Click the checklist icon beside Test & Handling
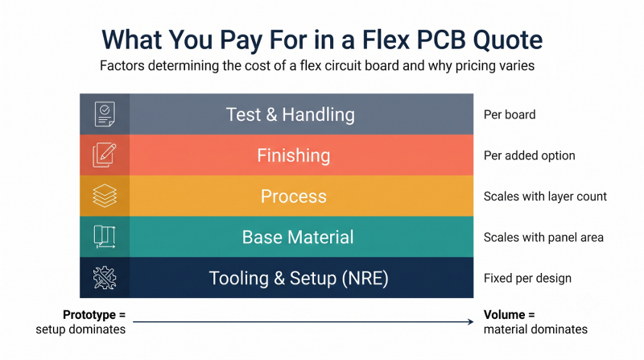pos(105,114)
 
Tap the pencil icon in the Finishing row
pos(105,155)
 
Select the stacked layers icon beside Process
pos(105,196)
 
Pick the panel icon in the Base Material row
pos(105,237)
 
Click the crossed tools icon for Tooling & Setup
pos(105,277)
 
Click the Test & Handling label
pos(291,114)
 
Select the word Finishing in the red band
pos(294,155)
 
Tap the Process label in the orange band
pos(294,196)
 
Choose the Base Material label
pos(298,237)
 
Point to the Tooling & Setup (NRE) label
pos(299,278)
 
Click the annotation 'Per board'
pos(510,114)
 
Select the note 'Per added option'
pos(530,155)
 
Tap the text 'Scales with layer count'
pos(545,197)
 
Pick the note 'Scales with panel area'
pos(543,238)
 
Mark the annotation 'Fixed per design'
pos(527,278)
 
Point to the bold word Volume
pos(505,315)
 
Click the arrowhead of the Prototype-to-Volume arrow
pos(471,322)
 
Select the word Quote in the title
pos(508,39)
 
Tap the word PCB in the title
pos(441,39)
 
